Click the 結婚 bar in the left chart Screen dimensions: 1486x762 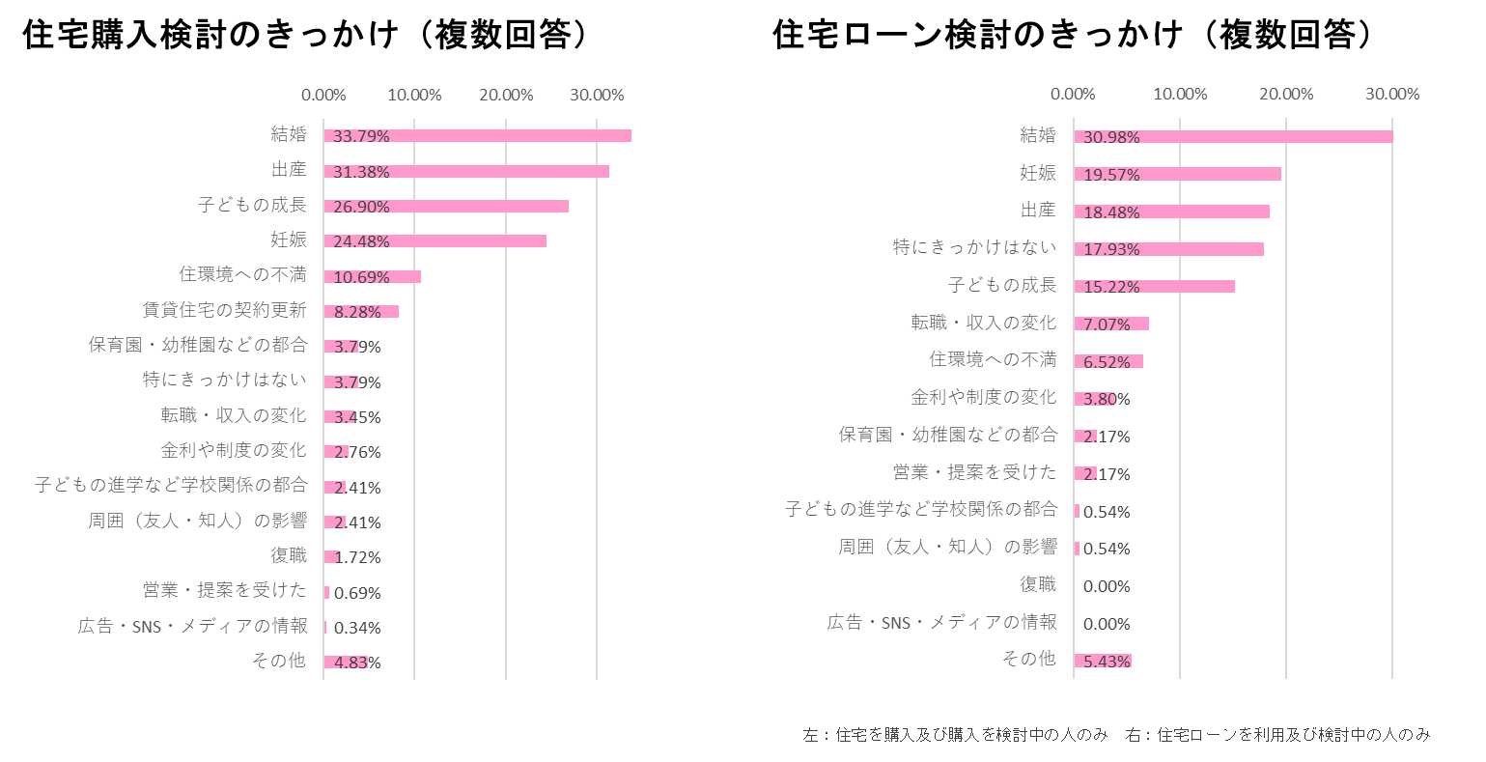(478, 135)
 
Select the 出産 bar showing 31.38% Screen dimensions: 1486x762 (466, 171)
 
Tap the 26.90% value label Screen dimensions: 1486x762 (361, 207)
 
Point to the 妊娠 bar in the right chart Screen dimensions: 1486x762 (1178, 174)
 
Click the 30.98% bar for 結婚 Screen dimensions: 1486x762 (1234, 137)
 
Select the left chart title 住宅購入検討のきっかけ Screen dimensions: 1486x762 (210, 35)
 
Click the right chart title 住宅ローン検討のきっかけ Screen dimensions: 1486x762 (978, 35)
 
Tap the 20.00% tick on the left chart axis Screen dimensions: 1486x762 (506, 95)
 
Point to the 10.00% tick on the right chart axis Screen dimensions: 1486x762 (1180, 95)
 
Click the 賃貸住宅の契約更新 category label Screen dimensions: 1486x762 (224, 310)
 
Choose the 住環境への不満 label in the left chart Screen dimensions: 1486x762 (242, 274)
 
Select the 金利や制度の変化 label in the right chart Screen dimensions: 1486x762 (984, 397)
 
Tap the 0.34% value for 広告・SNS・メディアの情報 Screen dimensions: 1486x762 (357, 627)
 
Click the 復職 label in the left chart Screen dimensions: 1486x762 (289, 555)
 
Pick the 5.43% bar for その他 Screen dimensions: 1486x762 (1103, 662)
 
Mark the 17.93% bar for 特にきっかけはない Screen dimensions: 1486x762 (1169, 249)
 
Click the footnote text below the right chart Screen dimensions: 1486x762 (1116, 735)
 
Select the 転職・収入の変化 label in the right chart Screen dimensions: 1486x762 (984, 323)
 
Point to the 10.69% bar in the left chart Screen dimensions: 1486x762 (372, 277)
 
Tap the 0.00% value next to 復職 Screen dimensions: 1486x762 (1107, 586)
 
